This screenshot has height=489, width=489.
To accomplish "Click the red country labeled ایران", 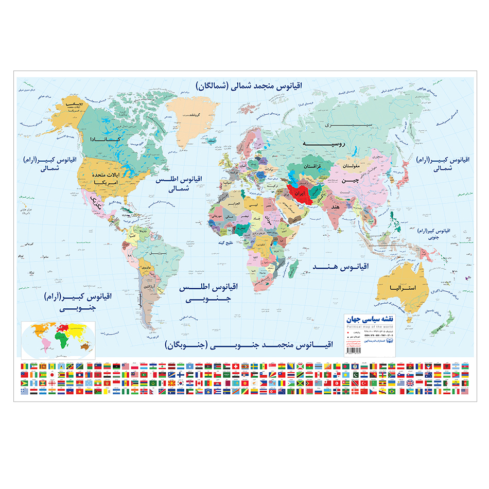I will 300,193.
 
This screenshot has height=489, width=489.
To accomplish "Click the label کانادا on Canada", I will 104,139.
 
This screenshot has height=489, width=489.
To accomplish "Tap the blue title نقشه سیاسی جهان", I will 369,320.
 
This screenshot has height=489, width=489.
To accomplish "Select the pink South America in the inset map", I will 45,342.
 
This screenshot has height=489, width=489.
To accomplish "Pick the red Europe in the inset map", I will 63,327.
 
